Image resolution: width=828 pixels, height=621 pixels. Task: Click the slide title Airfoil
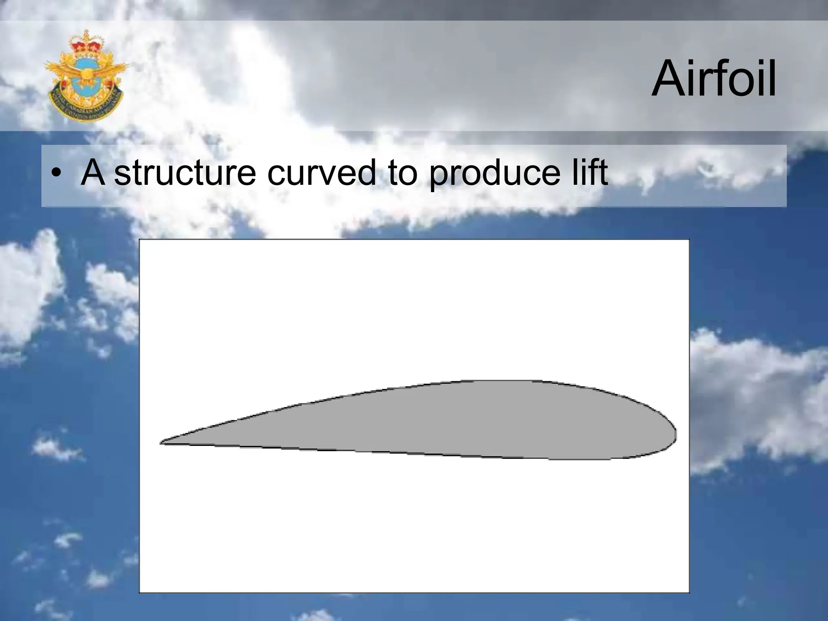(x=714, y=79)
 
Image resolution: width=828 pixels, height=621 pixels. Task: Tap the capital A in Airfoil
(x=669, y=80)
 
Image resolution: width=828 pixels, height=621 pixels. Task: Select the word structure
(x=185, y=173)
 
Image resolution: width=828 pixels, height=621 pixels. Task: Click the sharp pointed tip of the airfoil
(x=161, y=443)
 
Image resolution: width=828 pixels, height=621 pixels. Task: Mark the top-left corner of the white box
(x=140, y=240)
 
